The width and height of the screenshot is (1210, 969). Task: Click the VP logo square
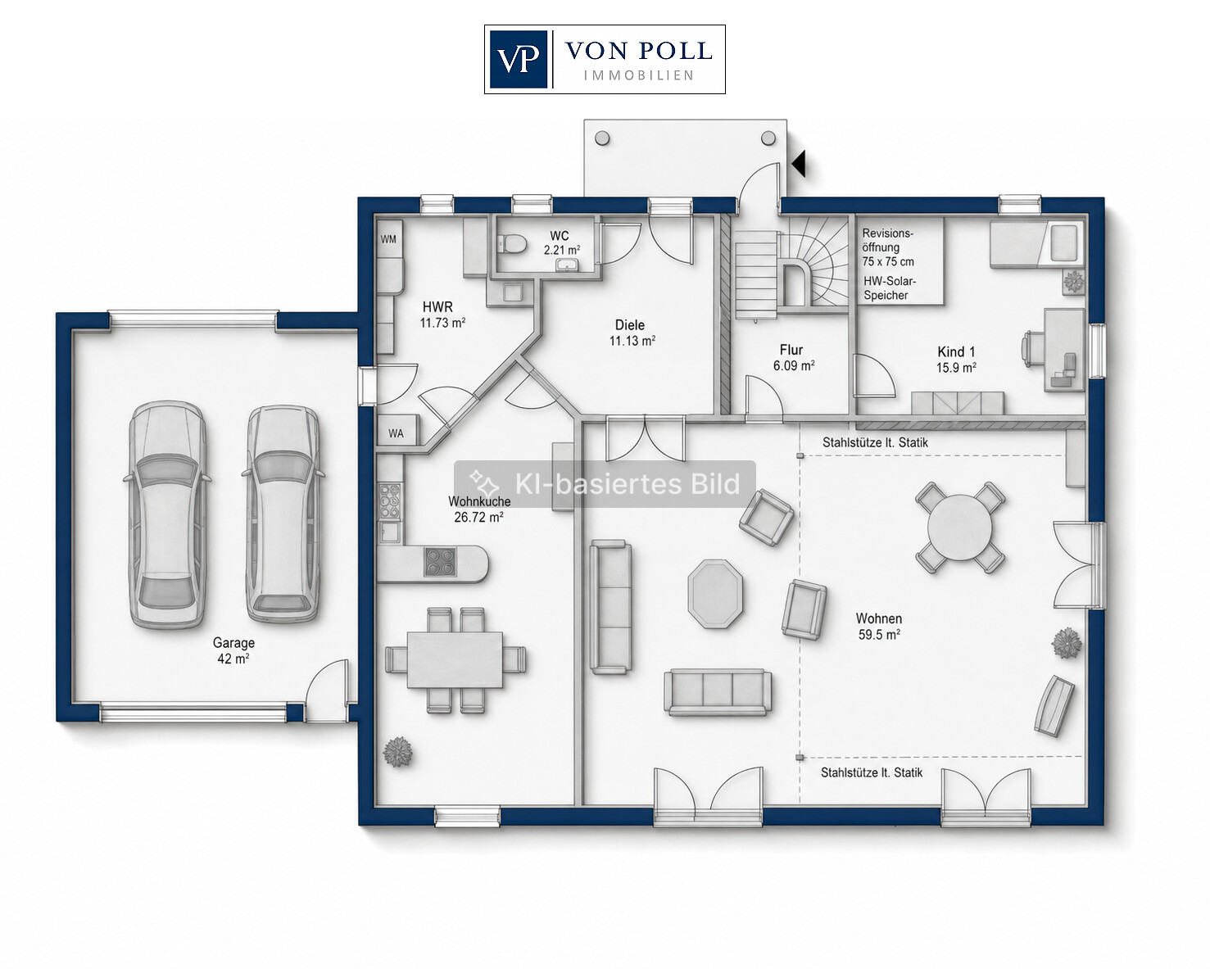[519, 59]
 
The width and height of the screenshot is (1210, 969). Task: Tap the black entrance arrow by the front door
[799, 164]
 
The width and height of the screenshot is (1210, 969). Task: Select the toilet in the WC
[512, 243]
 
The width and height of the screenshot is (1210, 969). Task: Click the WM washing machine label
[388, 239]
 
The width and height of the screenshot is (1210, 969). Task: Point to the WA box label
[396, 433]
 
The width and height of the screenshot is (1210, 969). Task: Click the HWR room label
[437, 307]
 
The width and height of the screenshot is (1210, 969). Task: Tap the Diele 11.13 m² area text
[632, 341]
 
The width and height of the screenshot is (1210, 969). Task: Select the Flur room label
[791, 350]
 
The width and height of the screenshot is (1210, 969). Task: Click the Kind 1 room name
[956, 352]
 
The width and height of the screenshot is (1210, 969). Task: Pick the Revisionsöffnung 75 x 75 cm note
[888, 247]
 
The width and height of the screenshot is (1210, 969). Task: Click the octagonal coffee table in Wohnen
[714, 593]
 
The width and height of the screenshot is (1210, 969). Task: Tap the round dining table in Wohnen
[960, 528]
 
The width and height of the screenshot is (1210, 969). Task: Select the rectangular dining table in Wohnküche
[455, 659]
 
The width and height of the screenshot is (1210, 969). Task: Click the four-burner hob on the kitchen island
[440, 563]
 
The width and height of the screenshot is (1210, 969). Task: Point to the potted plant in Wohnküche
[397, 752]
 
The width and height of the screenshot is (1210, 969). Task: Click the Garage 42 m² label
[233, 650]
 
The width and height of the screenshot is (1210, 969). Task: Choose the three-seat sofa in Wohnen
[718, 692]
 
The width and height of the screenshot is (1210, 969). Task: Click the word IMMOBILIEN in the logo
[639, 75]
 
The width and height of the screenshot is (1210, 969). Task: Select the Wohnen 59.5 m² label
[879, 627]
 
